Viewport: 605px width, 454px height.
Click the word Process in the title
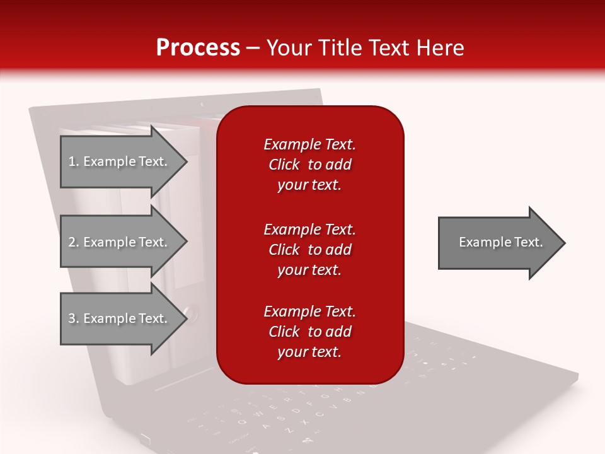point(198,48)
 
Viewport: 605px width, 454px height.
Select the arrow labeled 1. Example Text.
point(120,161)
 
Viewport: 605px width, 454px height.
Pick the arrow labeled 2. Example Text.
point(120,242)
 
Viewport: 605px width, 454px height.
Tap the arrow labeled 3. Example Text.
point(120,318)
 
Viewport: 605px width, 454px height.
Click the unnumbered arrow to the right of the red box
point(498,243)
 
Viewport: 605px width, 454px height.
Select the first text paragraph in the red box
point(309,165)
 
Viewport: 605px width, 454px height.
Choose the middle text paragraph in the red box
point(309,250)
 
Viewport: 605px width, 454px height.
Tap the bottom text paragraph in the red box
point(309,332)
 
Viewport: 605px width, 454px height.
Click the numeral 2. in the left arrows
point(74,242)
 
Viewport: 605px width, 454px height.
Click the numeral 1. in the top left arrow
point(74,161)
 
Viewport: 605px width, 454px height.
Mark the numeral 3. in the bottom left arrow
point(74,318)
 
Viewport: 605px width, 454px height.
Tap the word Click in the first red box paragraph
point(284,165)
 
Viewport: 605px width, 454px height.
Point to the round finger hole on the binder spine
point(192,311)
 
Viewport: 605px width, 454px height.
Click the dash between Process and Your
point(253,48)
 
